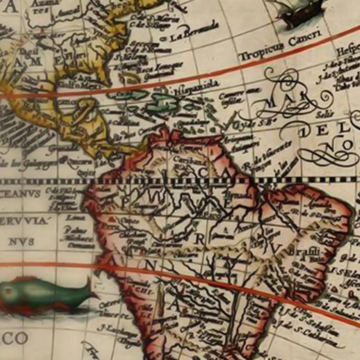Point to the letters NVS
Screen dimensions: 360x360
[21, 242]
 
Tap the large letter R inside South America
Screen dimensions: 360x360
[199, 239]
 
